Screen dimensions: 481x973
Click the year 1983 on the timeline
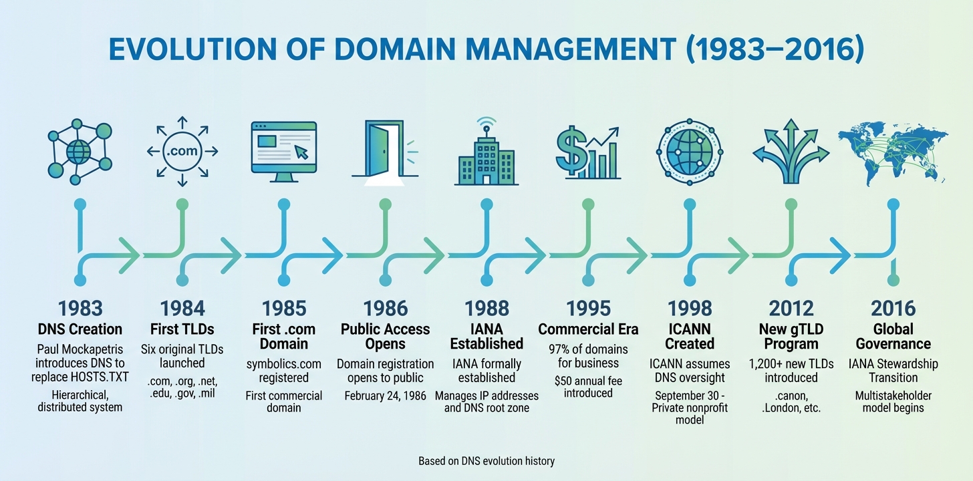(x=80, y=308)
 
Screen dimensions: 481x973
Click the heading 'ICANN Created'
(x=690, y=336)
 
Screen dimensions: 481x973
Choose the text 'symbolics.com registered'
(x=283, y=371)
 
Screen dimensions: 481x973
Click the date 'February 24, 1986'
(x=385, y=395)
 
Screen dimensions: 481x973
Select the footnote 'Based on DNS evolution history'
(x=486, y=461)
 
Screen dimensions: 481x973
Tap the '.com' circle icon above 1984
(x=182, y=150)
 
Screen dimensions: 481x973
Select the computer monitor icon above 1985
(x=283, y=152)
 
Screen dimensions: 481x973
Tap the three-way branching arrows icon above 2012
(x=791, y=150)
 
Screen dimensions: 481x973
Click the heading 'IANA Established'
(x=486, y=336)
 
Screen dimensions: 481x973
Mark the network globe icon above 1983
(x=80, y=150)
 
